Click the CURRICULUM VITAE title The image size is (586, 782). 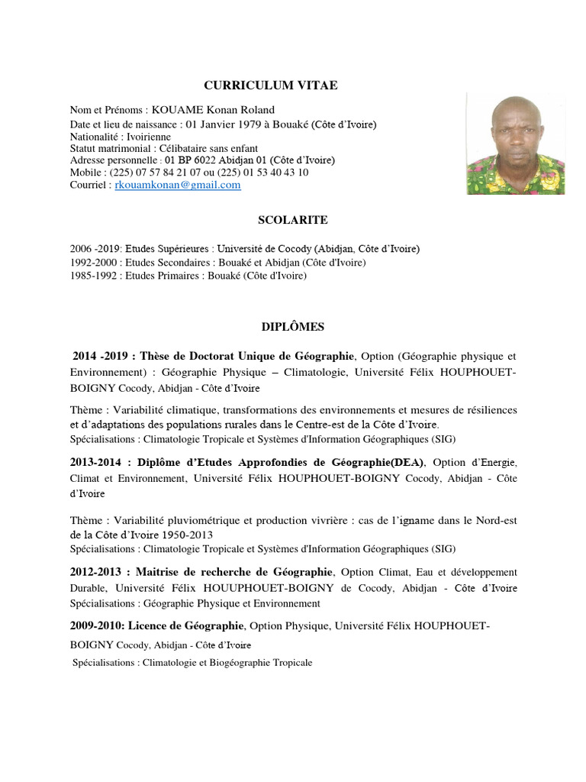pyautogui.click(x=270, y=86)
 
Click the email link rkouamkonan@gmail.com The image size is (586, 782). pyautogui.click(x=177, y=185)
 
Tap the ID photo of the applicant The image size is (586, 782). pyautogui.click(x=515, y=144)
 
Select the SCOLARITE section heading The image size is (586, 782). pyautogui.click(x=294, y=220)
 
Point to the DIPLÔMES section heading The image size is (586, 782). pyautogui.click(x=293, y=327)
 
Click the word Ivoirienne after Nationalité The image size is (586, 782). pyautogui.click(x=153, y=136)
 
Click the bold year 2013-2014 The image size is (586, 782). pyautogui.click(x=97, y=463)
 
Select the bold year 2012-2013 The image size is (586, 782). pyautogui.click(x=97, y=572)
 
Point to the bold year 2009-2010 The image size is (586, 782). pyautogui.click(x=96, y=626)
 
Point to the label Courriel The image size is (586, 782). pyautogui.click(x=89, y=185)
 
